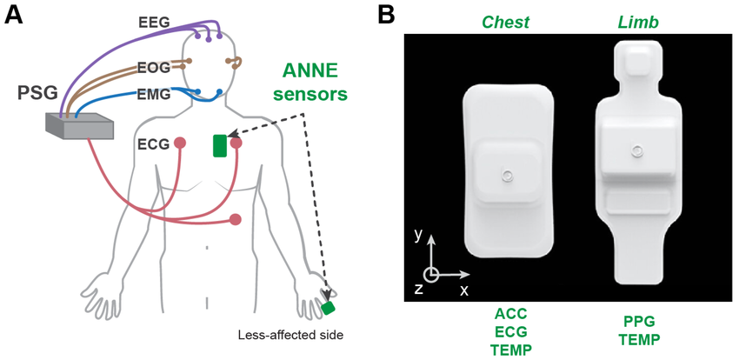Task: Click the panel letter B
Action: [x=388, y=15]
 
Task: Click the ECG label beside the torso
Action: [x=153, y=141]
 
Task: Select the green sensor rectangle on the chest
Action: [x=220, y=144]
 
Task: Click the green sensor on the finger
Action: [x=328, y=308]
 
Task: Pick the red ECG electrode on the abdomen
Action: [x=234, y=219]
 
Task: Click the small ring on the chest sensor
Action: [x=507, y=177]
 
